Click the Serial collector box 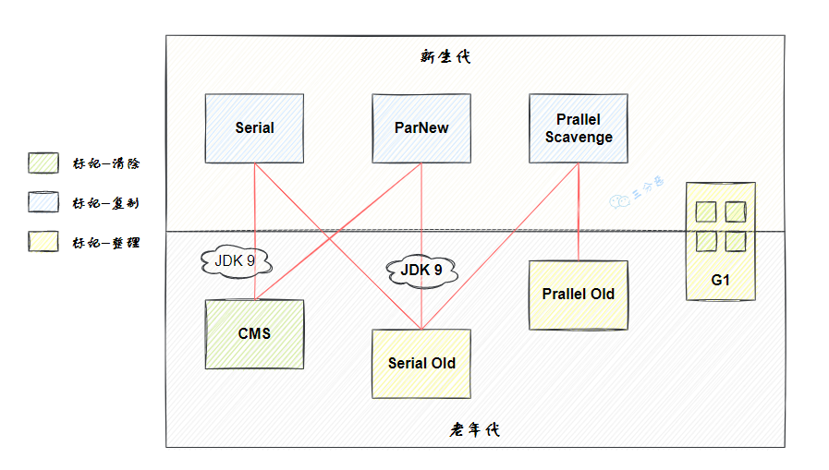pyautogui.click(x=254, y=127)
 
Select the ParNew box pyautogui.click(x=421, y=127)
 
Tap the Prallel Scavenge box pyautogui.click(x=579, y=128)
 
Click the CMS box pyautogui.click(x=254, y=333)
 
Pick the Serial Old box pyautogui.click(x=421, y=363)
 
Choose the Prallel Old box pyautogui.click(x=579, y=295)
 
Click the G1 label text pyautogui.click(x=721, y=280)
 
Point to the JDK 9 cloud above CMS pyautogui.click(x=235, y=261)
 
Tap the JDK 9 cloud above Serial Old pyautogui.click(x=421, y=271)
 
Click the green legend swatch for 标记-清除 pyautogui.click(x=43, y=163)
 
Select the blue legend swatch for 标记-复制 pyautogui.click(x=43, y=202)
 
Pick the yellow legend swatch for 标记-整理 pyautogui.click(x=43, y=242)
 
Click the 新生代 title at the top pyautogui.click(x=445, y=56)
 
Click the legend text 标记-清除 pyautogui.click(x=106, y=163)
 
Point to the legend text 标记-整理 pyautogui.click(x=106, y=243)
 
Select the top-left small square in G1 pyautogui.click(x=707, y=211)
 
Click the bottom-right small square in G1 pyautogui.click(x=736, y=241)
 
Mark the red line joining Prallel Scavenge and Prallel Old pyautogui.click(x=579, y=212)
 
